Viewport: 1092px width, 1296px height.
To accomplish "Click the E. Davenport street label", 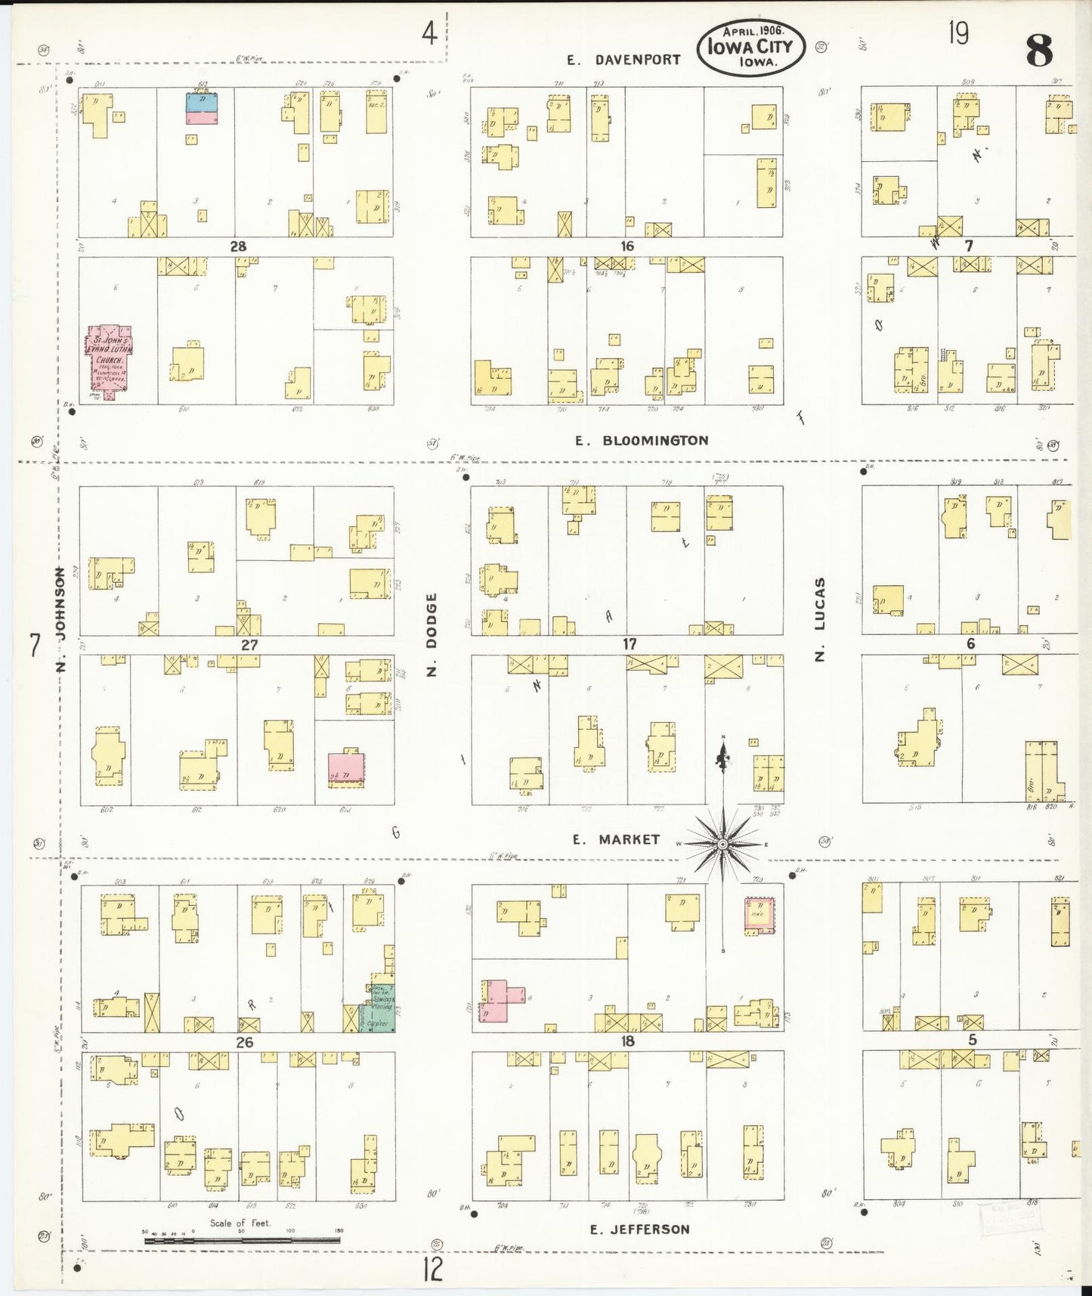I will tap(624, 59).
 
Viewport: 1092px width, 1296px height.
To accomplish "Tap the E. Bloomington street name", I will tap(642, 440).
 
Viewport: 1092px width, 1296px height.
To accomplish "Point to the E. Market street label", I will tap(616, 839).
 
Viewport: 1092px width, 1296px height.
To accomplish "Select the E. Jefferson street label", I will tap(639, 1229).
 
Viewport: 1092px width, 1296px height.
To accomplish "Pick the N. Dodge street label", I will tap(432, 634).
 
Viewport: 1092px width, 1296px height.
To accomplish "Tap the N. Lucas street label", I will tap(820, 620).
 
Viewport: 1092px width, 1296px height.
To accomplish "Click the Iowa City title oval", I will tap(750, 47).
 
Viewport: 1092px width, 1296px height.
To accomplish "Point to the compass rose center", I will tap(723, 843).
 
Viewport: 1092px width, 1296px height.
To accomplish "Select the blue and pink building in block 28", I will tap(202, 108).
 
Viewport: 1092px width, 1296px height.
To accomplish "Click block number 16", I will tap(626, 246).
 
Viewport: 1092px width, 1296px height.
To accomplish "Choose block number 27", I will tap(249, 645).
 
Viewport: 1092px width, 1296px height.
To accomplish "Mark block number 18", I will tap(627, 1041).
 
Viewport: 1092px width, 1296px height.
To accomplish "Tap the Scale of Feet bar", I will tap(242, 1239).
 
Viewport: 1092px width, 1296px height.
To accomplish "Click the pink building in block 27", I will tap(345, 768).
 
